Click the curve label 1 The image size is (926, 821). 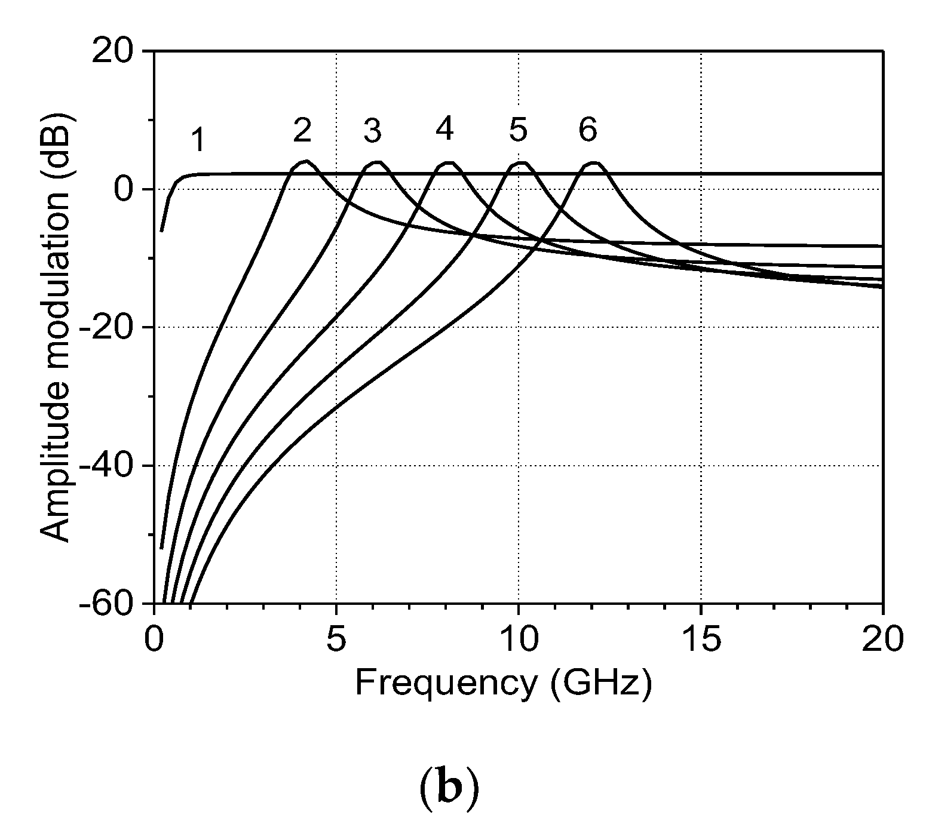(x=199, y=141)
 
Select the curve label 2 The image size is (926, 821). (x=302, y=130)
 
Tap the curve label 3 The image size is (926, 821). (x=372, y=130)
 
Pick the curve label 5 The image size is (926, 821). (x=517, y=130)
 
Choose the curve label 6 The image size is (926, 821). (x=588, y=130)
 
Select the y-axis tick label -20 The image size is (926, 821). (x=112, y=328)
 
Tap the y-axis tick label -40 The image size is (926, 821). (x=112, y=466)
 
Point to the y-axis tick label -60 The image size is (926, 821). (x=112, y=604)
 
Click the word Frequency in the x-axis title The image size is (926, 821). (x=445, y=682)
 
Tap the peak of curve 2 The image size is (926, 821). (x=306, y=161)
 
